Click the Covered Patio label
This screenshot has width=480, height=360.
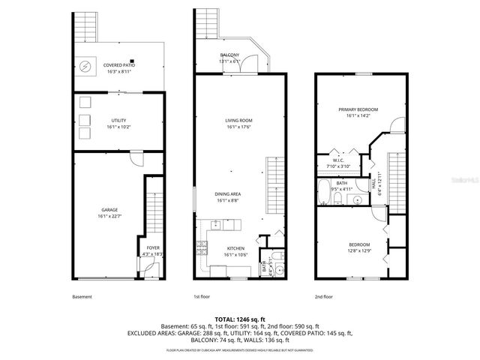click(118, 65)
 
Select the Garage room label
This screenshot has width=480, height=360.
click(109, 209)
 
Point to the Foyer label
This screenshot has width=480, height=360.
click(153, 247)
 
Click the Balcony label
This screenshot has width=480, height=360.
click(229, 55)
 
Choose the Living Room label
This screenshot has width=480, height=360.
click(239, 120)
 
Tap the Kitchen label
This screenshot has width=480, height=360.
click(235, 248)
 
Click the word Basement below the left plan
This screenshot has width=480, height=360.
click(82, 297)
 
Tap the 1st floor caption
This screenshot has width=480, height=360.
click(202, 297)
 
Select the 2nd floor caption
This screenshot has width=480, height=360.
click(323, 297)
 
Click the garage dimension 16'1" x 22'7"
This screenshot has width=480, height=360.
click(109, 216)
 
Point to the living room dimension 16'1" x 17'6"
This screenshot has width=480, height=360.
click(239, 127)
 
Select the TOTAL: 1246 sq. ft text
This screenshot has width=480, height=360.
click(240, 319)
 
